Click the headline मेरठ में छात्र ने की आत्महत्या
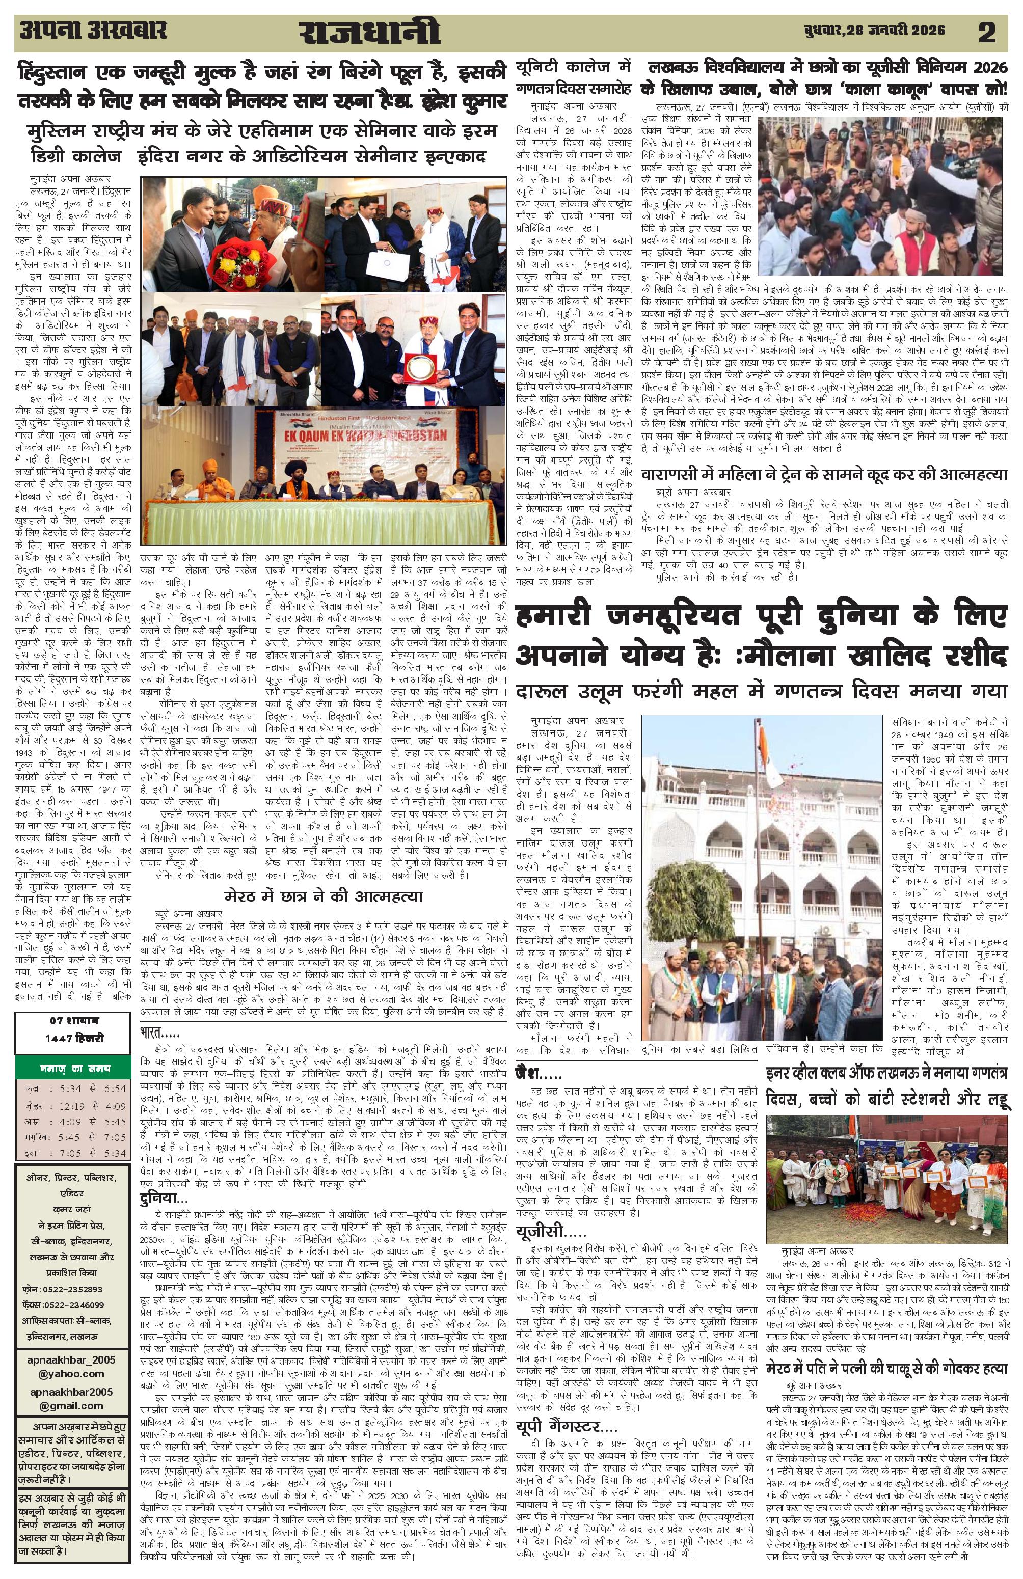tap(323, 896)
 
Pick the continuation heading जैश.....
tap(538, 1073)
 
